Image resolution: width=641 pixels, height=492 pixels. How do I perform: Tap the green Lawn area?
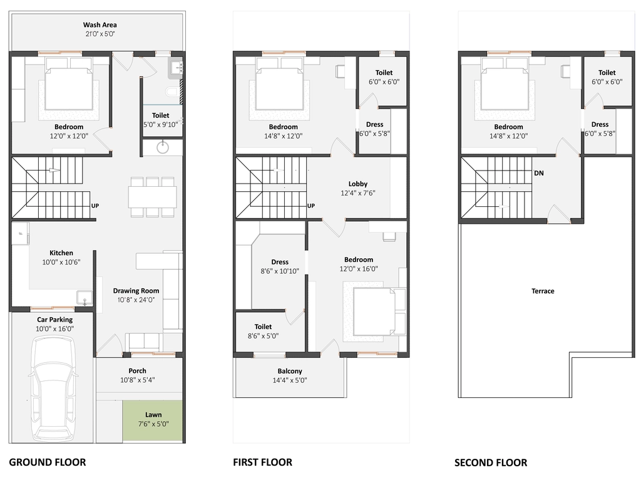click(153, 421)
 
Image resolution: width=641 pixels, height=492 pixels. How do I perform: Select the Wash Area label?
click(100, 25)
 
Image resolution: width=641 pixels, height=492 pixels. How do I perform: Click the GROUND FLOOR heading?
click(48, 463)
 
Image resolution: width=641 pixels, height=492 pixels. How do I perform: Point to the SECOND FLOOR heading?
click(491, 463)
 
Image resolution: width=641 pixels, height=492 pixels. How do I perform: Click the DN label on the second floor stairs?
click(539, 173)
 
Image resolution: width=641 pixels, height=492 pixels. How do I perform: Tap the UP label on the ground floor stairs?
click(95, 206)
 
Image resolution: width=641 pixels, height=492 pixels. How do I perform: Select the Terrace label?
click(543, 291)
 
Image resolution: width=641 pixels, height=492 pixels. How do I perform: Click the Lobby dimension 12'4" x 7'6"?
click(358, 193)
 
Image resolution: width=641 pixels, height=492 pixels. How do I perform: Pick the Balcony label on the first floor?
click(290, 371)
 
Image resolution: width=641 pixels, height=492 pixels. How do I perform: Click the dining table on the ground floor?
click(153, 197)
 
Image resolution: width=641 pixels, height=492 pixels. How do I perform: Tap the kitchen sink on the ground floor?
click(85, 297)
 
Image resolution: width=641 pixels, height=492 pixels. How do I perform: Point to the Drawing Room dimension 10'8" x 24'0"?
click(136, 300)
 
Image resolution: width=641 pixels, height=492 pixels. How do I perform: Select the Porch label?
click(137, 371)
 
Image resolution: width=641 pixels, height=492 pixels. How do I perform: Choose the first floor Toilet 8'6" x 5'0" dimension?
click(264, 336)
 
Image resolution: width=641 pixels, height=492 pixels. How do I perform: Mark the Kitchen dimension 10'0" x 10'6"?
click(61, 263)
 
